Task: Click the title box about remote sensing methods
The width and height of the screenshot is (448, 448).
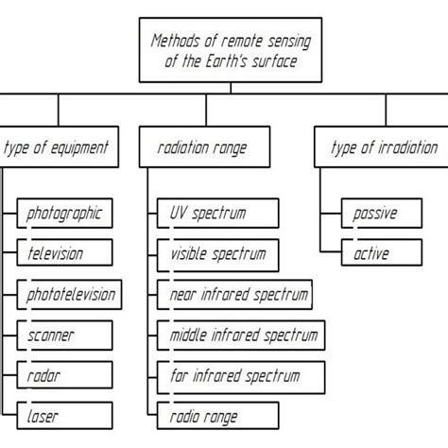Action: tap(231, 50)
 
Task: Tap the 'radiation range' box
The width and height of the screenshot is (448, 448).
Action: tap(204, 146)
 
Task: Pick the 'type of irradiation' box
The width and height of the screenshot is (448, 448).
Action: tap(381, 146)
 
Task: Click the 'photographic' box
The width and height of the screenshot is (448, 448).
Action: tap(64, 214)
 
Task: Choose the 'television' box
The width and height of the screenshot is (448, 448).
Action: tap(64, 252)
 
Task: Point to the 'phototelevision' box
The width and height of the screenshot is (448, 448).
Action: tap(69, 295)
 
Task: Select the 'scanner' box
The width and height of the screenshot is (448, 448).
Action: tap(64, 336)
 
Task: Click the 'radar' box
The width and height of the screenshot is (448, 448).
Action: tap(64, 375)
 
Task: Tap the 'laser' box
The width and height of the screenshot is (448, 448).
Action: tap(64, 416)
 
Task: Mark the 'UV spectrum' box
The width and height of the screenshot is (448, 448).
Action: tap(217, 214)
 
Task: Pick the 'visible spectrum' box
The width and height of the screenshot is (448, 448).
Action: tap(217, 255)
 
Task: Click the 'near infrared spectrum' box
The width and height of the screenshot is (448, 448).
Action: tap(234, 295)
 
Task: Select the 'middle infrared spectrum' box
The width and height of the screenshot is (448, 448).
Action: tap(241, 336)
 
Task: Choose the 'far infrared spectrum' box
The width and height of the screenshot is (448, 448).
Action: tap(241, 377)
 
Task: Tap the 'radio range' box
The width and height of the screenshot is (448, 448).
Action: tap(217, 416)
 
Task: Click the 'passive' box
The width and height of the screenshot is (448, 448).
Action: tap(382, 214)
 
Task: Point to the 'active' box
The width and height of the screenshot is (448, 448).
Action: tap(382, 252)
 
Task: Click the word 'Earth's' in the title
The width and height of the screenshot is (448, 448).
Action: tap(226, 61)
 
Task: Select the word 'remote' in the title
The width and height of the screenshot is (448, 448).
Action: tap(242, 41)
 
